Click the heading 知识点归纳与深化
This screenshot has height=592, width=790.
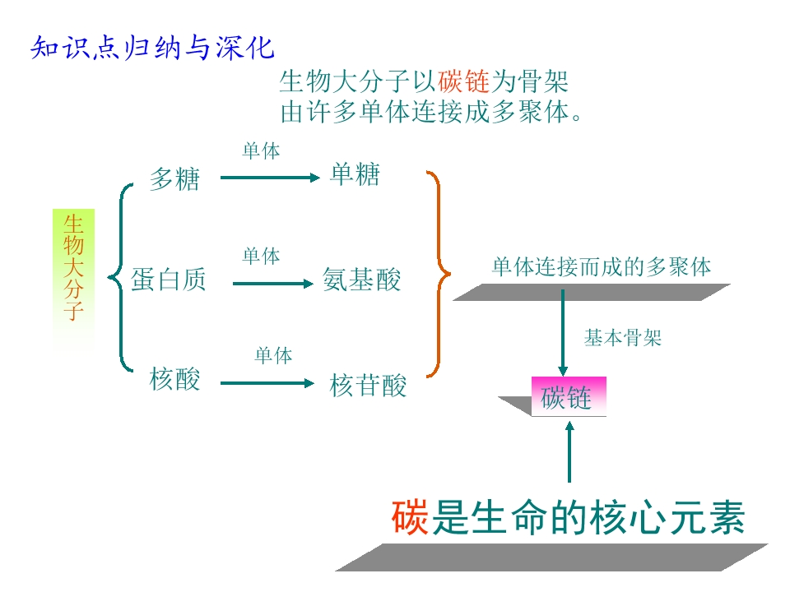coord(152,48)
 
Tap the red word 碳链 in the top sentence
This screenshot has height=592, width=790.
coord(463,82)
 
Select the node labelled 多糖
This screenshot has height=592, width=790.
coord(174,178)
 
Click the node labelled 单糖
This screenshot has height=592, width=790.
coord(355,174)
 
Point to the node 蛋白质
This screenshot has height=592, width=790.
coord(169,280)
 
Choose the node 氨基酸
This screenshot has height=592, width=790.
coord(362,280)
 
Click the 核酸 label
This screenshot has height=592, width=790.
coord(174,379)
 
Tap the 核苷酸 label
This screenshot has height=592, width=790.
coord(368,385)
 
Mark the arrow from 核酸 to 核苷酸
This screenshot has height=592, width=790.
coord(267,382)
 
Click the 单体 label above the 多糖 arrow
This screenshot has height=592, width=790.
coord(261,151)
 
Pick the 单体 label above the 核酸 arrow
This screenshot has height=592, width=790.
coord(273,356)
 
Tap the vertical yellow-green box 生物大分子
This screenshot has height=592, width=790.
coord(74,267)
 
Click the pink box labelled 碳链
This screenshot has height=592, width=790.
coord(568,396)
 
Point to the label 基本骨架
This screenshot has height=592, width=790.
coord(623,338)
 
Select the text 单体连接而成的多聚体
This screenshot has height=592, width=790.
coord(602,266)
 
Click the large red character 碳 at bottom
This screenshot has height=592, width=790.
coord(409,519)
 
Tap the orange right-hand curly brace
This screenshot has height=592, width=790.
coord(440,271)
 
